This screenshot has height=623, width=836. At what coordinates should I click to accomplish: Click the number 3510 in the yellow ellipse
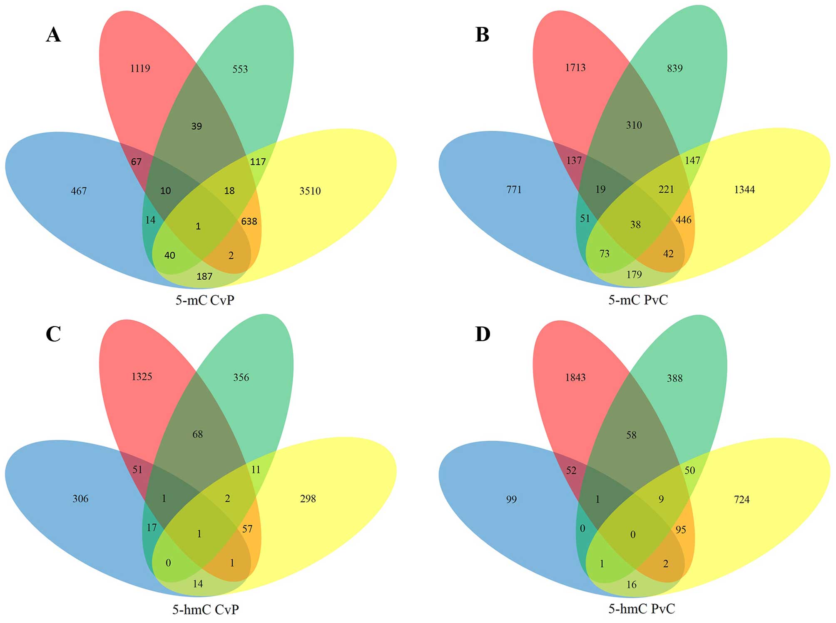coord(310,191)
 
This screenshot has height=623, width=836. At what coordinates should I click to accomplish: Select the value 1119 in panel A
coord(140,68)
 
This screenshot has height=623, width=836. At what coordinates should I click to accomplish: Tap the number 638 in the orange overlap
coord(249,221)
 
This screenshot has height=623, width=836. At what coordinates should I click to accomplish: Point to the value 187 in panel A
coord(204,276)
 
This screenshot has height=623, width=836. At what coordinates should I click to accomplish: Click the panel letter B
coord(482,35)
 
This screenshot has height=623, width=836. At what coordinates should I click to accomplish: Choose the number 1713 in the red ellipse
coord(575,67)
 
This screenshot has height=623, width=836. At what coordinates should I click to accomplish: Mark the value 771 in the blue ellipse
coord(514,189)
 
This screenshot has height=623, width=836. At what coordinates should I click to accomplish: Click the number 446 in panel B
coord(683,219)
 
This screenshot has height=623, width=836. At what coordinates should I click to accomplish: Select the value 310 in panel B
coord(634,125)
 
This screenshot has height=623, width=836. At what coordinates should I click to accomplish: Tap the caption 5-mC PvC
coord(638,300)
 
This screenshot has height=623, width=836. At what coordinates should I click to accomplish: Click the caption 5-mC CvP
coord(205,300)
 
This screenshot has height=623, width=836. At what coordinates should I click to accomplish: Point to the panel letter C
coord(53,334)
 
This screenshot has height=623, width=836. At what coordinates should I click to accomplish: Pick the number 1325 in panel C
coord(142,376)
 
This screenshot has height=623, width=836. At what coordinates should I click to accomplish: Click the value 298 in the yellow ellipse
coord(308,498)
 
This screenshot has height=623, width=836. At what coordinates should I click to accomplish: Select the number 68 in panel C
coord(197,434)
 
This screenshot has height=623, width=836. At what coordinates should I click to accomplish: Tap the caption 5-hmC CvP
coord(206,609)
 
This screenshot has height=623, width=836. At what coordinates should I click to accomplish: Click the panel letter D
coord(483,334)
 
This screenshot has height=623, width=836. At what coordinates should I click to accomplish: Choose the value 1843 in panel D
coord(575,377)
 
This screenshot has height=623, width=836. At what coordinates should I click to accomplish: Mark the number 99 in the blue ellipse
coord(511,499)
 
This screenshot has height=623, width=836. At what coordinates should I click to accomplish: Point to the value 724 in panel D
coord(741,499)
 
